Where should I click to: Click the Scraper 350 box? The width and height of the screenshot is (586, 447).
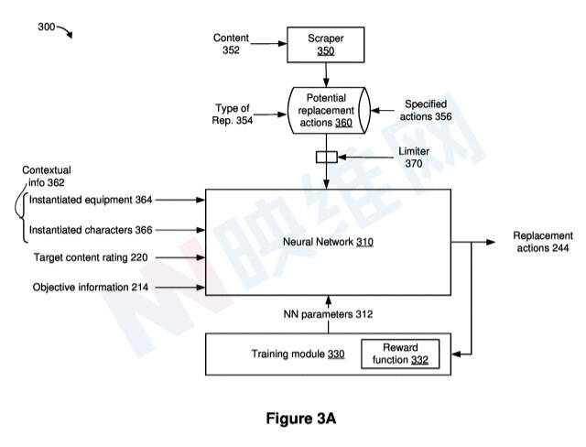(x=326, y=45)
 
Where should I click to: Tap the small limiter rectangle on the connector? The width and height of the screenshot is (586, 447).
(x=327, y=157)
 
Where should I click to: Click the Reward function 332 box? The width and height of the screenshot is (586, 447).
(x=399, y=354)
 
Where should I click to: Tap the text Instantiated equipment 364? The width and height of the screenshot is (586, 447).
(x=91, y=199)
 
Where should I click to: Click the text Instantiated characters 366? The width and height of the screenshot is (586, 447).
(x=91, y=230)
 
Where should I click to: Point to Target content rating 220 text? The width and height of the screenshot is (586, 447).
(x=90, y=258)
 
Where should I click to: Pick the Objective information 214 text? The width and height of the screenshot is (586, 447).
(x=90, y=288)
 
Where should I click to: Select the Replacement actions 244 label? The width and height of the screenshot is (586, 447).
(x=543, y=242)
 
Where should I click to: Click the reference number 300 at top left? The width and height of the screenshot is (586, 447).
(x=46, y=27)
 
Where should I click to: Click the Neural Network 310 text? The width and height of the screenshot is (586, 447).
(x=328, y=243)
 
